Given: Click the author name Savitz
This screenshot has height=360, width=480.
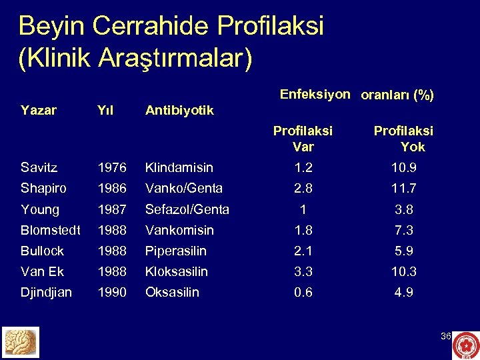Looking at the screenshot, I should click(39, 168).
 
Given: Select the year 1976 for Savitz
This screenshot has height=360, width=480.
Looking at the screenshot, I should click(112, 168).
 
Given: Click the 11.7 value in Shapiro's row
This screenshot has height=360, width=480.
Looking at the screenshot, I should click(403, 189).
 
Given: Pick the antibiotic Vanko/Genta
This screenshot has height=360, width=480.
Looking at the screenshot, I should click(184, 189).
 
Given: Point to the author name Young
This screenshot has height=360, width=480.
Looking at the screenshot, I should click(40, 209).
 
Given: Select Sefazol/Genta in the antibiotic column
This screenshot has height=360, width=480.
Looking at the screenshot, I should click(187, 209).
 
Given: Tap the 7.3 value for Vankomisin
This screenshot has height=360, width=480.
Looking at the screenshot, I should click(403, 230).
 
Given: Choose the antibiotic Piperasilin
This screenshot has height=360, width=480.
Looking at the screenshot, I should click(176, 251).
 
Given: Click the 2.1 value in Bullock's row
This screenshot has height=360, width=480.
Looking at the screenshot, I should click(303, 251).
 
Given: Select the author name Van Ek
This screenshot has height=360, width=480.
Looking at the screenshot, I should click(43, 271).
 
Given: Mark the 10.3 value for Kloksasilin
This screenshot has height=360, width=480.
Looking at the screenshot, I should click(403, 271).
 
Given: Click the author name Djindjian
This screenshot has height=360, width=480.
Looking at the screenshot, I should click(46, 292).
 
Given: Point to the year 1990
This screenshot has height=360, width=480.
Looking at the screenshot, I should click(112, 292).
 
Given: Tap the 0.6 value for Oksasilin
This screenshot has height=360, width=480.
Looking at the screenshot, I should click(303, 292).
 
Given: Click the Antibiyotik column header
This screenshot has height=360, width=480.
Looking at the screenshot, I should click(179, 110).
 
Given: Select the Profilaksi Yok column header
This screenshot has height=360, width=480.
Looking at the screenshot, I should click(403, 139).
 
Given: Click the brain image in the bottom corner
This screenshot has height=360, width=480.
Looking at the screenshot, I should click(21, 343).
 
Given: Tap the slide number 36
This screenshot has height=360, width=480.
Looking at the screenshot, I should click(446, 336).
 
